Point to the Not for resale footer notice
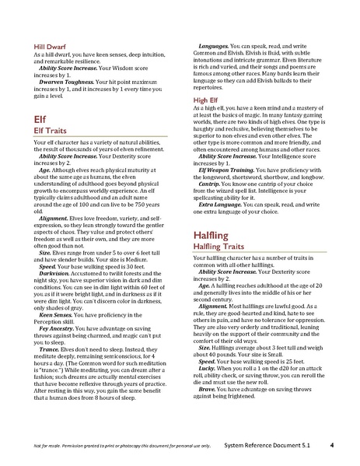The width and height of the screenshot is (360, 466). click(108, 447)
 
